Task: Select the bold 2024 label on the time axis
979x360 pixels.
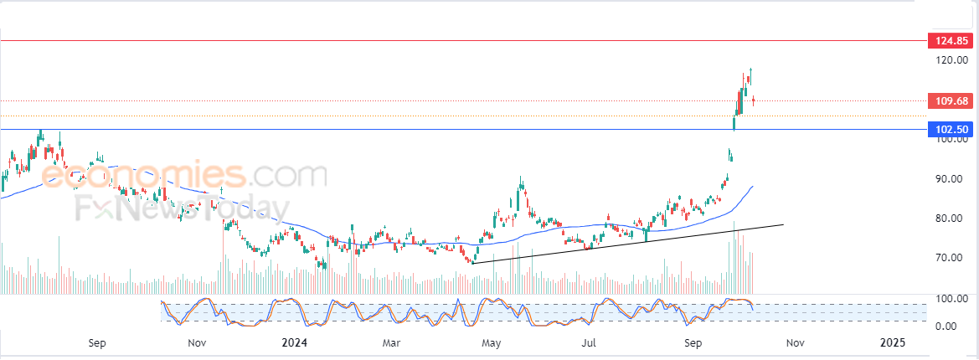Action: (295, 342)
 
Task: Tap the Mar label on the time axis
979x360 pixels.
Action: (392, 342)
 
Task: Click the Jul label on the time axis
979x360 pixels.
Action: (590, 342)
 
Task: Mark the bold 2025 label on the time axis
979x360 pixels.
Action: (894, 342)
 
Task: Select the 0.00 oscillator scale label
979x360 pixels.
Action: (946, 326)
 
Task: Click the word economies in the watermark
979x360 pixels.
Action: (142, 176)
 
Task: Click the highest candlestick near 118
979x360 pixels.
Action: (750, 75)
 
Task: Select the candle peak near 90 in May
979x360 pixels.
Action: (521, 180)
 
